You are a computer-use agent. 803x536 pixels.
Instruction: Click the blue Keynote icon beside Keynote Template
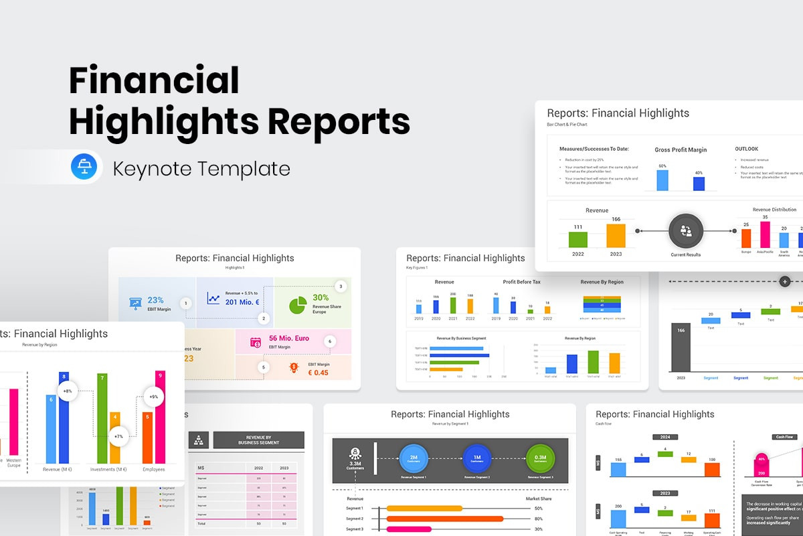click(84, 167)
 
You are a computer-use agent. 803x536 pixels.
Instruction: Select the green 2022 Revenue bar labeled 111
click(578, 239)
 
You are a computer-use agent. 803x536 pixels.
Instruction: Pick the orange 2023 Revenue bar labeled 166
click(616, 235)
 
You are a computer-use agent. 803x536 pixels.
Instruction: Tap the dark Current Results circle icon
click(686, 231)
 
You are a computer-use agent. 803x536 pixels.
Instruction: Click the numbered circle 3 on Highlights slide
click(341, 287)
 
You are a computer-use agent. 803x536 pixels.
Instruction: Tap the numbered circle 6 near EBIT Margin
click(329, 341)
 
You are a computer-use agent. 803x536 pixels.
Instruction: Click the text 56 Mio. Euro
click(289, 338)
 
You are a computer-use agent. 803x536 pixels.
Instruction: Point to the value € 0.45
click(318, 373)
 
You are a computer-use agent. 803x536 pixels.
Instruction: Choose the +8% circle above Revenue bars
click(68, 390)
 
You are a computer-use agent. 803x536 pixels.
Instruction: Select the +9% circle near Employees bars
click(153, 396)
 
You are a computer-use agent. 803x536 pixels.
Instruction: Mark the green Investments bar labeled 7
click(102, 418)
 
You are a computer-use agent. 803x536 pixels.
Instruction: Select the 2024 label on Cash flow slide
click(664, 437)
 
